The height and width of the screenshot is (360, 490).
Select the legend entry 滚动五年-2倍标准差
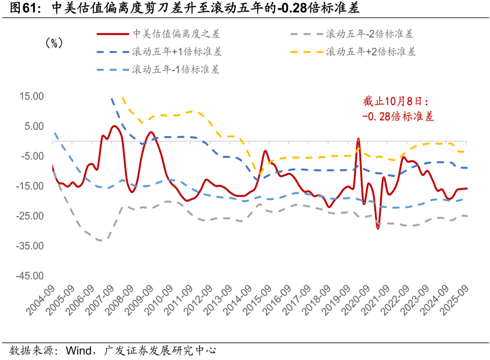coord(369,34)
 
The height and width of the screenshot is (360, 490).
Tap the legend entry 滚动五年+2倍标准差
coord(369,52)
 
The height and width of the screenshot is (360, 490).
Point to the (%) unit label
coord(54,43)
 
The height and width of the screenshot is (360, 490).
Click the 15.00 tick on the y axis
coord(31,97)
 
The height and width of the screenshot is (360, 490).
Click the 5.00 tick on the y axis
coord(33,126)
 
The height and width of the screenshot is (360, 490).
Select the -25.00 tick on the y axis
coord(29,216)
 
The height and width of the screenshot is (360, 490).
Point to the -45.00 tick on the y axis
coord(29,276)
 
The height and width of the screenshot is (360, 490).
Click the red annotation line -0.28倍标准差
coord(398,117)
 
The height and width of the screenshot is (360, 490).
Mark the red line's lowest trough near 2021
coord(377,228)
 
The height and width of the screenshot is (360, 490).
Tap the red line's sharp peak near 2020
coord(358,139)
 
